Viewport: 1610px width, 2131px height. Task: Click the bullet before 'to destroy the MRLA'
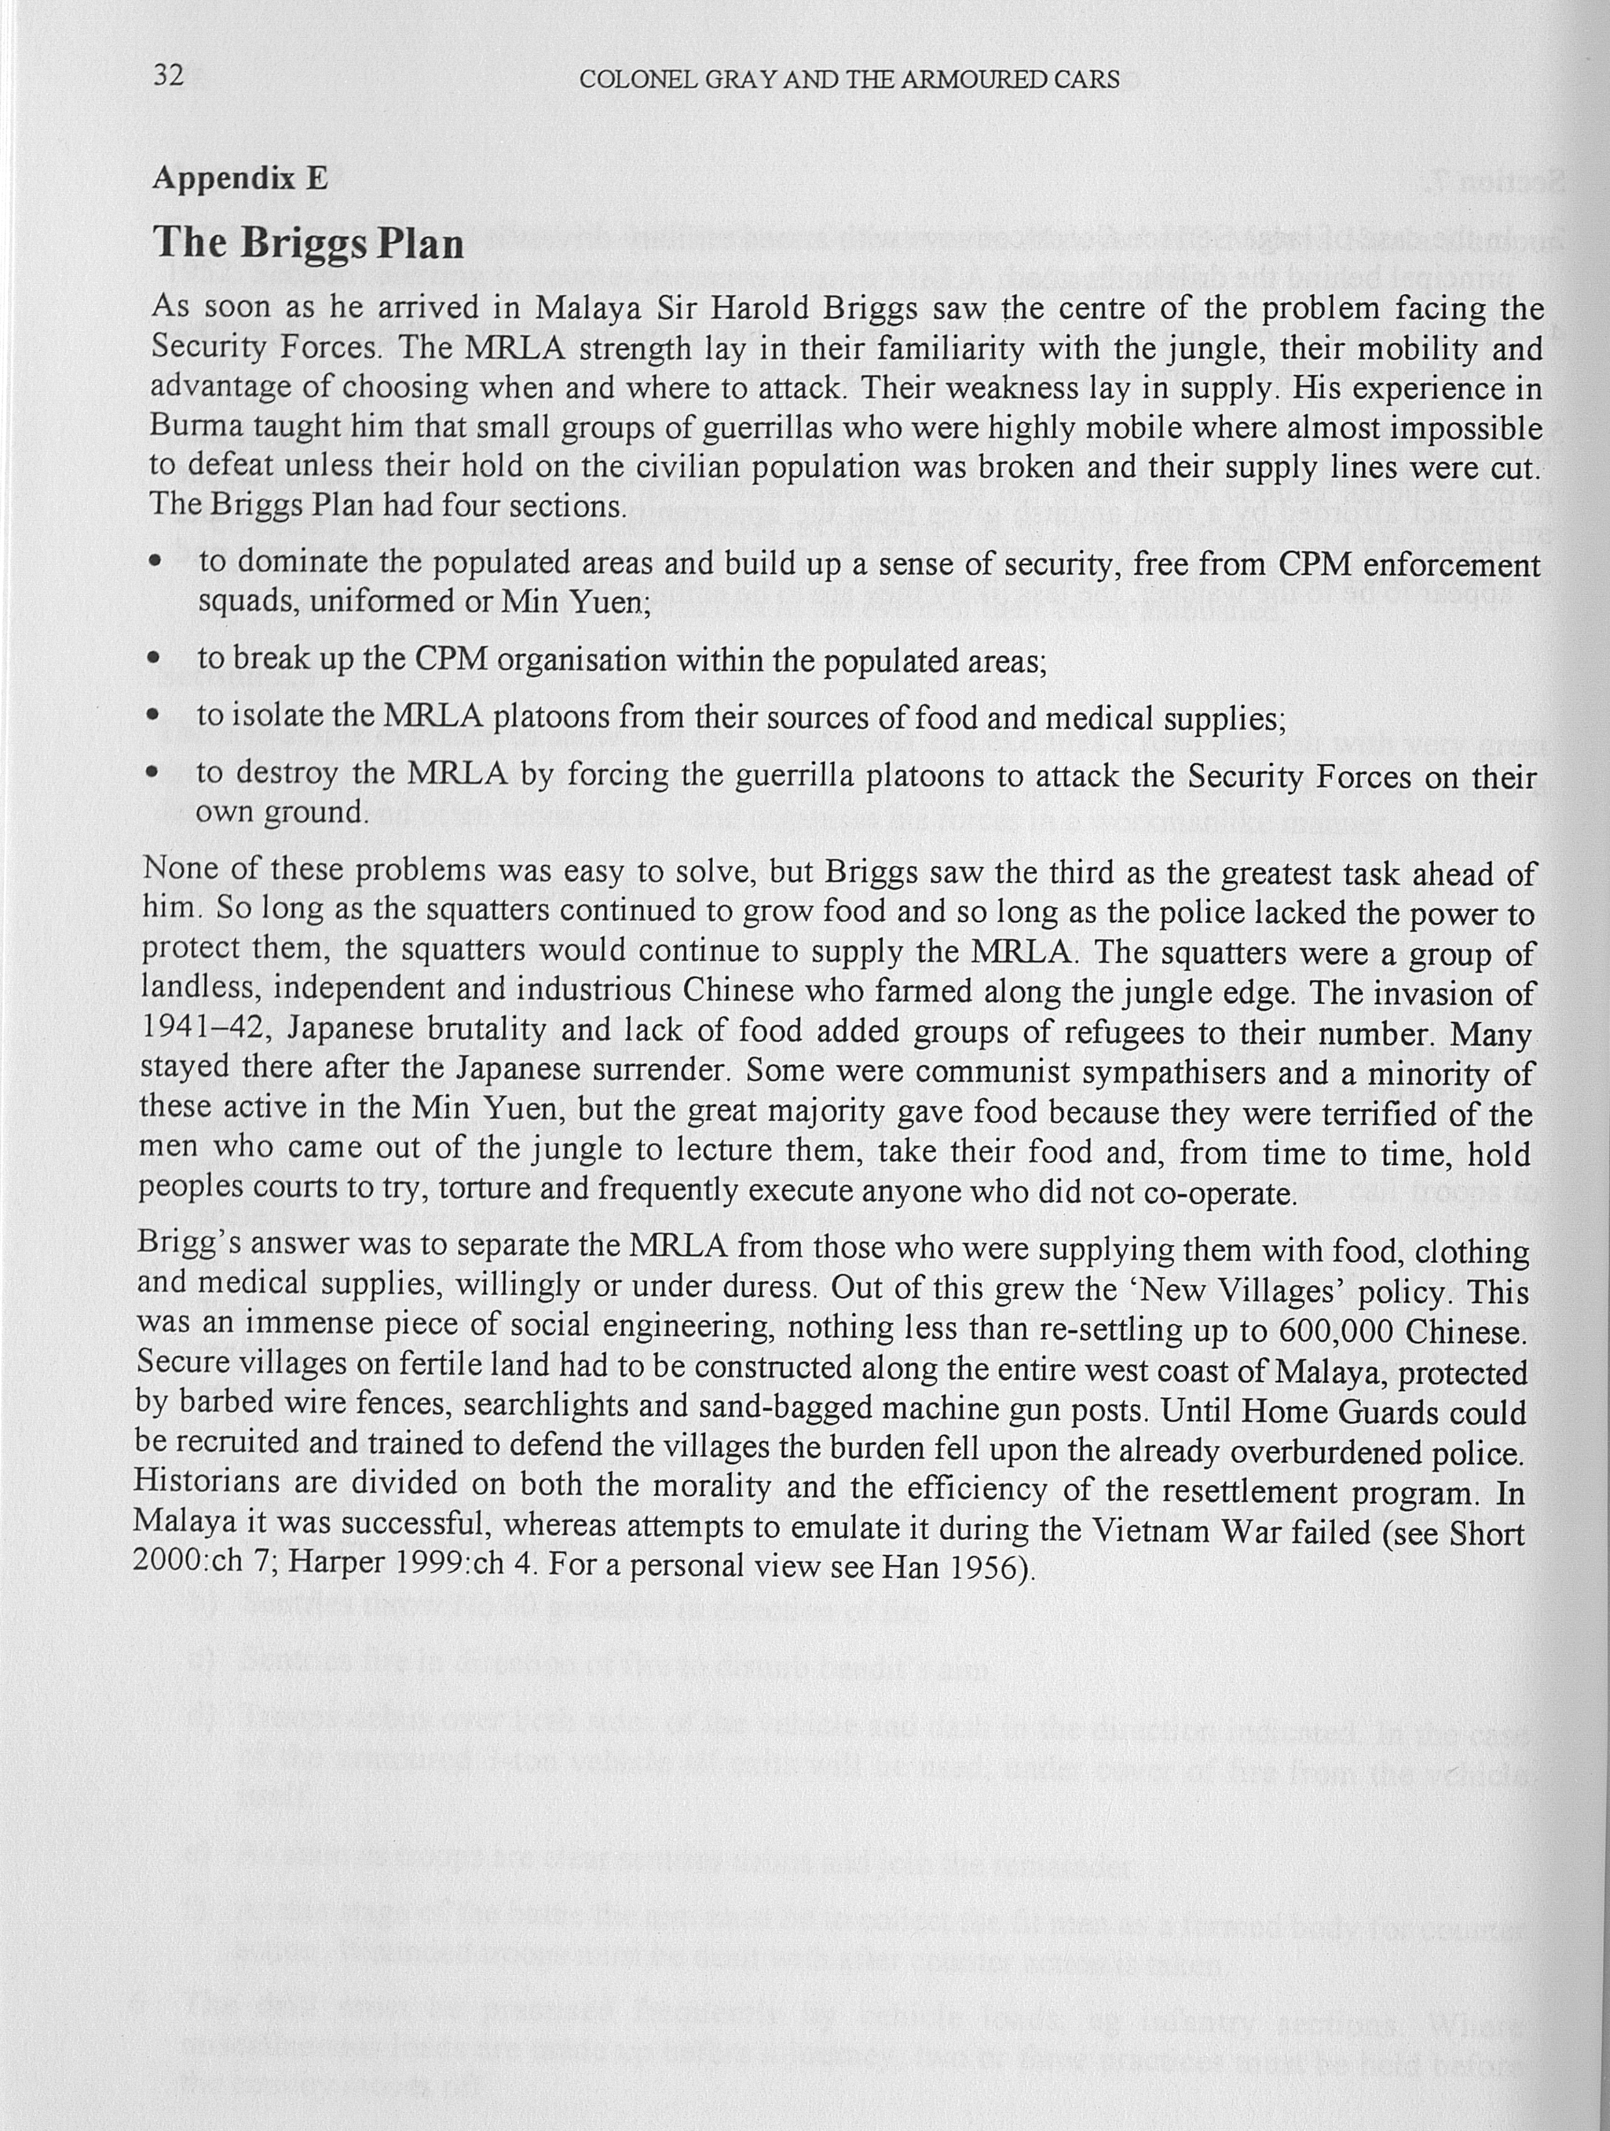[x=152, y=773]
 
